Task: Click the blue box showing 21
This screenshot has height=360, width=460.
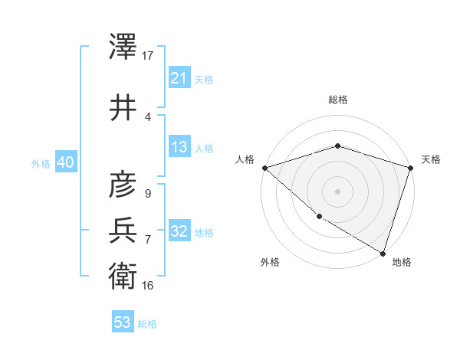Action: [179, 78]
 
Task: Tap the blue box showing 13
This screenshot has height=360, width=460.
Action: [179, 148]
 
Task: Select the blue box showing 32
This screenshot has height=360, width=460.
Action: [179, 232]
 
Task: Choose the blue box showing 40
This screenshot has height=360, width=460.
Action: [64, 163]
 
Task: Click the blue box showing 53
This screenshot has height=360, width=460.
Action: [122, 322]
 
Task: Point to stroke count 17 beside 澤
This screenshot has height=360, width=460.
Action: [148, 55]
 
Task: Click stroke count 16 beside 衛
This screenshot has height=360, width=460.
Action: [148, 285]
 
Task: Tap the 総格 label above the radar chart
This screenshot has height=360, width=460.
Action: [337, 100]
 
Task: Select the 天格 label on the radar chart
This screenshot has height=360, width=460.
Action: [431, 159]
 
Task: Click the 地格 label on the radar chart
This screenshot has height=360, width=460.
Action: [402, 262]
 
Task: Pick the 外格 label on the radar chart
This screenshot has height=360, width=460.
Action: [270, 262]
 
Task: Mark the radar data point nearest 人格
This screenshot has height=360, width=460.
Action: [264, 168]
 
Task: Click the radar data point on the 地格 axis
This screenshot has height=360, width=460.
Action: [382, 252]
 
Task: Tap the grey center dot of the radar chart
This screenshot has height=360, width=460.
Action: [337, 191]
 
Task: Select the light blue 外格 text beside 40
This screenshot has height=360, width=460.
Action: [40, 164]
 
